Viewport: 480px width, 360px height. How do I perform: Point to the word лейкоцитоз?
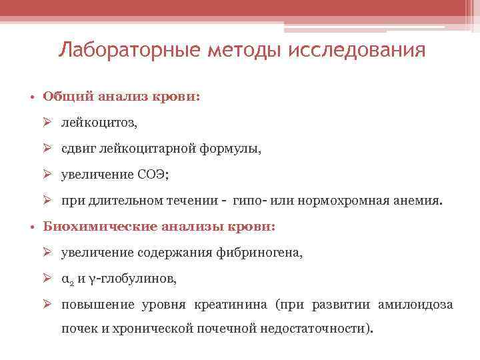pyautogui.click(x=90, y=123)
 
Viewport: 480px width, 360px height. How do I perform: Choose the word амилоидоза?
pyautogui.click(x=415, y=305)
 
